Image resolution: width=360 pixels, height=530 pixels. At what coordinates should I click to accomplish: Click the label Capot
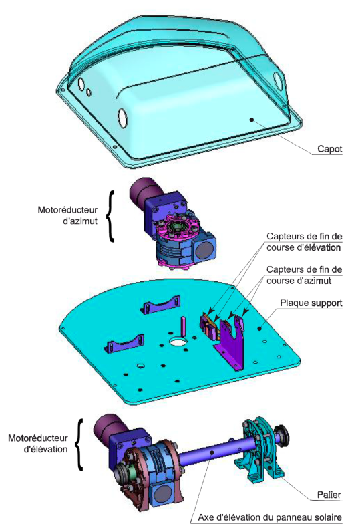329,149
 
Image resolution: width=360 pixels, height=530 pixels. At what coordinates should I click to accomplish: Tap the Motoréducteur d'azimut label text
67,215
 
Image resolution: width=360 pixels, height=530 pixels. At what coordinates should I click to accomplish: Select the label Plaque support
311,303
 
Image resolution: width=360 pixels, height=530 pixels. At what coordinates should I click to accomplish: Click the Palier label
329,495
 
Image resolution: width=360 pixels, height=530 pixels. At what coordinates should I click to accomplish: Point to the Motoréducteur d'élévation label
38,444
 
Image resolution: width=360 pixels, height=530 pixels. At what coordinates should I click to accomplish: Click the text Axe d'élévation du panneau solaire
269,517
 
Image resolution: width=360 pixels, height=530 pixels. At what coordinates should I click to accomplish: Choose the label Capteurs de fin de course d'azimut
304,275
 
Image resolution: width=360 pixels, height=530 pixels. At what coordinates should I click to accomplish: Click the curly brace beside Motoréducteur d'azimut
110,217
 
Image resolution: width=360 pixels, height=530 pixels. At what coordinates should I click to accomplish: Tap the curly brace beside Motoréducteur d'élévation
79,444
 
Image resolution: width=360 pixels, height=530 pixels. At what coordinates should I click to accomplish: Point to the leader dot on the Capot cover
251,120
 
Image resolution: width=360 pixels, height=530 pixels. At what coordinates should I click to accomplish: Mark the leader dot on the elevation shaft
212,452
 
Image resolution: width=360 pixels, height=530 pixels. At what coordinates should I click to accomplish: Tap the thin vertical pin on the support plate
183,326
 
